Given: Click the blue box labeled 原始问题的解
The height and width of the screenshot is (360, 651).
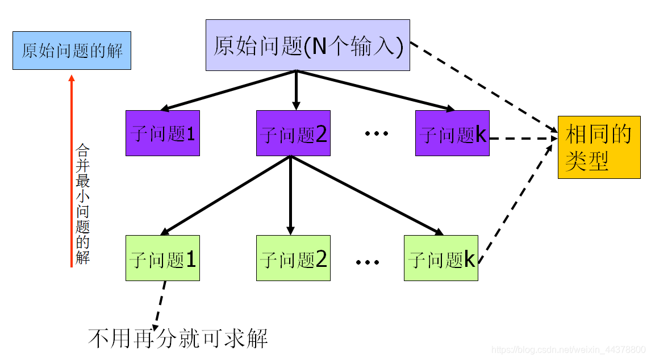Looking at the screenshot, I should (72, 51).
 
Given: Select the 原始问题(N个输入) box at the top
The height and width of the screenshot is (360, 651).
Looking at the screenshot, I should (307, 45).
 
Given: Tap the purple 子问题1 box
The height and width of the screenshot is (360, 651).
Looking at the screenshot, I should (162, 133).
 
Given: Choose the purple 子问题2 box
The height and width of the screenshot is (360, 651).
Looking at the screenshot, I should (293, 133).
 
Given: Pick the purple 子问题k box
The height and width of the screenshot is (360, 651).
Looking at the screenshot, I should (452, 133).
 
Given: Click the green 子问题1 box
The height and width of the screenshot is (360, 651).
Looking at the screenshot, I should (162, 258).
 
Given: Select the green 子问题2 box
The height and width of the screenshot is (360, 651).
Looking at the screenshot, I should (293, 258).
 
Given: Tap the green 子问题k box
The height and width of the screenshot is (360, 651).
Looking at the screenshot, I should (441, 258).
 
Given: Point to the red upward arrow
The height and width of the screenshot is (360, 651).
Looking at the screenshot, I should (71, 170).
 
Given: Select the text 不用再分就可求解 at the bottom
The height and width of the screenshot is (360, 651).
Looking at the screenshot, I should (178, 338).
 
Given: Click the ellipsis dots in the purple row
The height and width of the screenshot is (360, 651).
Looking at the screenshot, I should (376, 134).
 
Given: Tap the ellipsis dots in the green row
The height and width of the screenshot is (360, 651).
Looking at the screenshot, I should (367, 262).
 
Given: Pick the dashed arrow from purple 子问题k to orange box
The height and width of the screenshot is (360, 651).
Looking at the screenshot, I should (523, 137).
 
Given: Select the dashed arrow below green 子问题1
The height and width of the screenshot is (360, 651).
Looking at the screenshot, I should (158, 304).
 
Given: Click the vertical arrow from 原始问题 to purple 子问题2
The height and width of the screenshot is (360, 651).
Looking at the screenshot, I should (296, 90).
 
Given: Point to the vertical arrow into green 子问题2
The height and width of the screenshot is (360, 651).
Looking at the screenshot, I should (290, 196).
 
